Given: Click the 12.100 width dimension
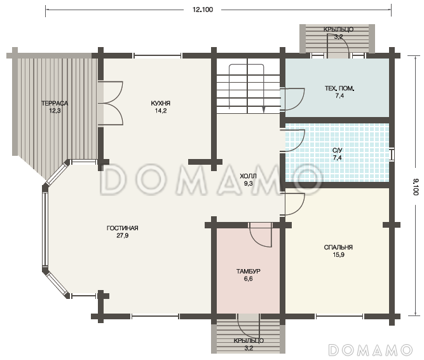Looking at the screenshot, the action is pos(203,10).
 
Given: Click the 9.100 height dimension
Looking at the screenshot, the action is pos(416,187).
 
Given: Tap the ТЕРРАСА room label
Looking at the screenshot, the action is pos(55,103).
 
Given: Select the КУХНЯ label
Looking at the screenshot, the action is pos(161,103).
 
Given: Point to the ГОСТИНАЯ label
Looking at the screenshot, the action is pos(123,228).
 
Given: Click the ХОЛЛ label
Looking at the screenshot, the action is pos(249,176).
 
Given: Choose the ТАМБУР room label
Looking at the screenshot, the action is pos(249,272).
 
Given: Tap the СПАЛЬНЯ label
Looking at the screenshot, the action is pos(338,247).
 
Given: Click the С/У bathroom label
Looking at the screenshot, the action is pos(337,150).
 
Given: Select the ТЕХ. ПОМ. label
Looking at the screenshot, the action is pos(339,88).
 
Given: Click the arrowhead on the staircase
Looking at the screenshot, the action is pos(264,109).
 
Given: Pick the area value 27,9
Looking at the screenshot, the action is pos(123,235).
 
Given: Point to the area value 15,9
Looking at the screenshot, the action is pos(338,254).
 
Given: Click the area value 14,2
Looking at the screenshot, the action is pos(161,111).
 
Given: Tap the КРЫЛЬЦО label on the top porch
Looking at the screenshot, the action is pos(338,29).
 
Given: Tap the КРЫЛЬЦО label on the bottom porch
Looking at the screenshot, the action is pos(249,341).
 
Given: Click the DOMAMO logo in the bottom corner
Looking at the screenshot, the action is pos(371,350).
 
